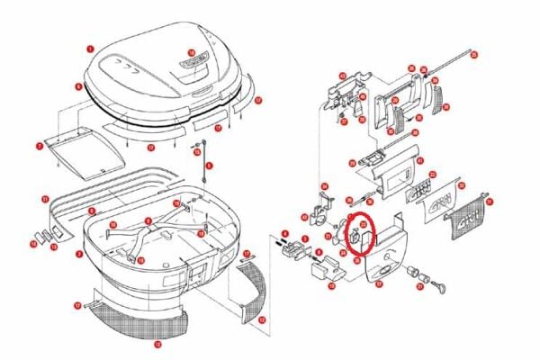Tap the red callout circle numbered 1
coord(89,47)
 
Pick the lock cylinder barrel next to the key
coord(416,273)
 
